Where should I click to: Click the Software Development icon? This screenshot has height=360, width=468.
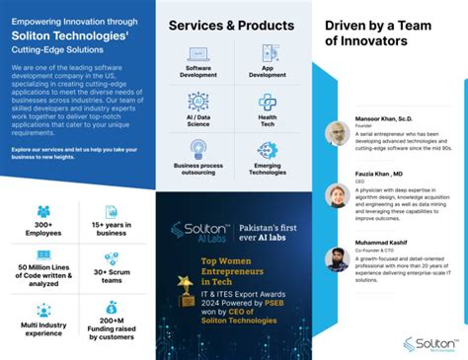pyautogui.click(x=197, y=55)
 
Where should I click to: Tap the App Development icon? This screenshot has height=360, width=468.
pyautogui.click(x=268, y=55)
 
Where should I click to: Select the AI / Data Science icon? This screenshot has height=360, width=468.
pyautogui.click(x=197, y=102)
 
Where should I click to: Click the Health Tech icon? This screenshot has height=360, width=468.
pyautogui.click(x=268, y=102)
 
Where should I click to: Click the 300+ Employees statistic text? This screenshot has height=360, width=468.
pyautogui.click(x=42, y=229)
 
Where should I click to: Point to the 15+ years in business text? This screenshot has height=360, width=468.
pyautogui.click(x=112, y=229)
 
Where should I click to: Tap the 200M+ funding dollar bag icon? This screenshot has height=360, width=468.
pyautogui.click(x=112, y=308)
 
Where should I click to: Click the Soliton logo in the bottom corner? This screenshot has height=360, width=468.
pyautogui.click(x=429, y=343)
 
